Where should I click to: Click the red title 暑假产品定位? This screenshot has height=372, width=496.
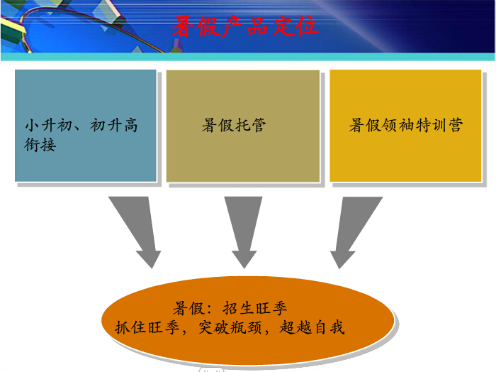click(244, 26)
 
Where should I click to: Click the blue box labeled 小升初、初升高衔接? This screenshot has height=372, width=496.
click(86, 126)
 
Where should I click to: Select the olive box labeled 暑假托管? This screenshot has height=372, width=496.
click(243, 126)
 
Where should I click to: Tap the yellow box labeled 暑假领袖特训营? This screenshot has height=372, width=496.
click(405, 126)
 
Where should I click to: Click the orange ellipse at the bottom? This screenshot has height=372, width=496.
click(248, 320)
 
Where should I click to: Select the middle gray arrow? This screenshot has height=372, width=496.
click(244, 232)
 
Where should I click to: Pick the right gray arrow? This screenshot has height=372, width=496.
click(353, 232)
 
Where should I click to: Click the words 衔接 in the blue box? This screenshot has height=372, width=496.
click(40, 145)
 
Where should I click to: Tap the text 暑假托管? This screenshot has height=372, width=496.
click(234, 125)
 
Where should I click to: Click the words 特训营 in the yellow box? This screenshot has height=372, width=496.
click(439, 125)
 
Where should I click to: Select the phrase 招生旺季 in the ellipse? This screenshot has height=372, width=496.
click(255, 308)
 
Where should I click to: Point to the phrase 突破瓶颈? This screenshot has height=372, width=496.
click(230, 327)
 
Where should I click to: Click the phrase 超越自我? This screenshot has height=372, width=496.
click(312, 327)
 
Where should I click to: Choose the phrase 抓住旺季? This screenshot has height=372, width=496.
click(147, 327)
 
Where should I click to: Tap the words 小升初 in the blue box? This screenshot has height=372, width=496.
click(49, 125)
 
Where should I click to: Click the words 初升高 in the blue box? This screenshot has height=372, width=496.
click(114, 125)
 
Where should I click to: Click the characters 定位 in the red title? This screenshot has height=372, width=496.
click(295, 26)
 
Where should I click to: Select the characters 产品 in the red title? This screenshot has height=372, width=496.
click(244, 26)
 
